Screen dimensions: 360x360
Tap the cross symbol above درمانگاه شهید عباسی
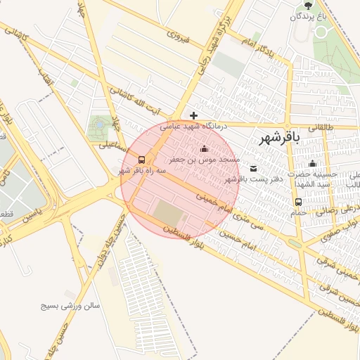click(194, 115)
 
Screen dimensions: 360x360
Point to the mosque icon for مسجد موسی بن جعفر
click(205, 148)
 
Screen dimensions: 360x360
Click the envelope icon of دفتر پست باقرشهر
click(253, 168)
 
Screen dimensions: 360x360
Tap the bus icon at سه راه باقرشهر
click(142, 159)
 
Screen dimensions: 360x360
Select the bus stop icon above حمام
click(299, 202)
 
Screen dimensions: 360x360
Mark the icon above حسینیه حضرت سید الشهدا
click(312, 163)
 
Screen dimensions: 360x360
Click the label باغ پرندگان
click(301, 15)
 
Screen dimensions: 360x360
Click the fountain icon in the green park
click(100, 124)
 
